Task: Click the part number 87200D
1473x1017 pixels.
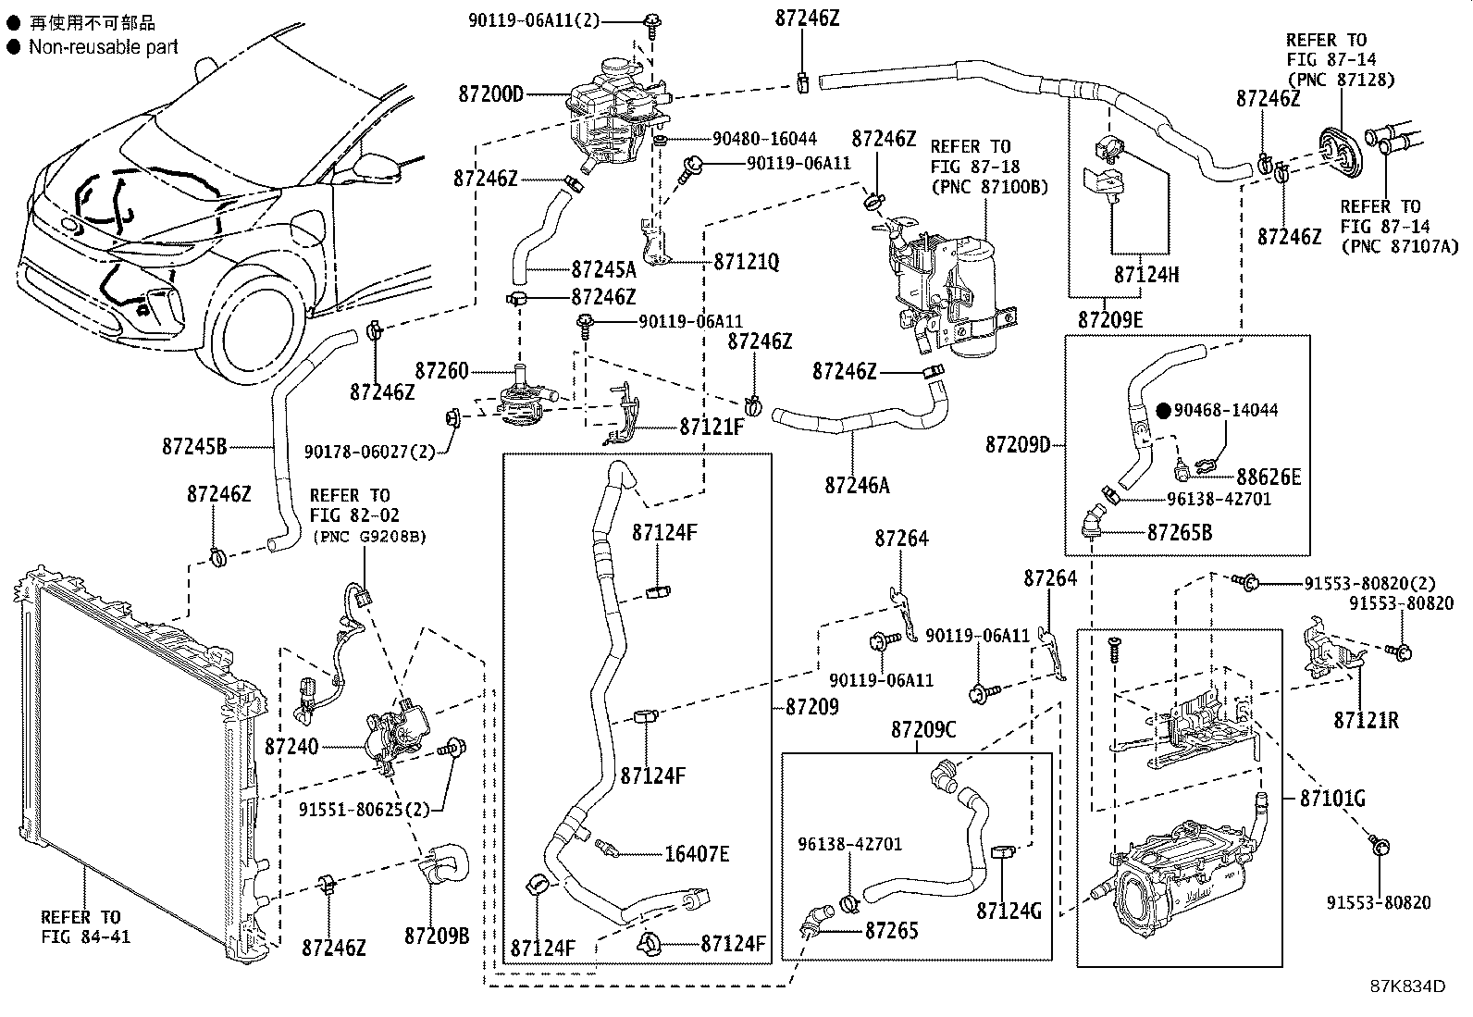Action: [x=490, y=93]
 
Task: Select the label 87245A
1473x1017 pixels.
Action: [x=603, y=269]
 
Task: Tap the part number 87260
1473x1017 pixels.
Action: [x=441, y=371]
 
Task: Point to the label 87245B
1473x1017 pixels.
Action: [x=194, y=447]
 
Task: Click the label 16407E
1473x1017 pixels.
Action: [x=697, y=853]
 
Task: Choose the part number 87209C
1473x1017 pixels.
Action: [x=923, y=730]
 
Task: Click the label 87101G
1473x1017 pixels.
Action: [x=1332, y=798]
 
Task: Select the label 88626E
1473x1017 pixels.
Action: [x=1269, y=477]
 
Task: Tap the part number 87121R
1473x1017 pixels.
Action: [x=1366, y=719]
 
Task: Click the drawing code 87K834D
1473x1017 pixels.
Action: [x=1407, y=986]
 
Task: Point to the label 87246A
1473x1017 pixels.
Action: [x=857, y=484]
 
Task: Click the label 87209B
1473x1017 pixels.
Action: [x=437, y=936]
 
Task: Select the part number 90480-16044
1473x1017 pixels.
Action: [x=764, y=139]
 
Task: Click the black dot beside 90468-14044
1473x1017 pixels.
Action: [x=1163, y=410]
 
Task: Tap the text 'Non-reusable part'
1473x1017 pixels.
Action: [x=103, y=46]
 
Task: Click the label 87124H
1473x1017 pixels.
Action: [x=1146, y=275]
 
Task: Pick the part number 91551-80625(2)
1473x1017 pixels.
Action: [x=365, y=810]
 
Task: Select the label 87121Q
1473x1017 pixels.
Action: [x=747, y=263]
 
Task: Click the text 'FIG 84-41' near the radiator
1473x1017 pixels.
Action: [x=85, y=936]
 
